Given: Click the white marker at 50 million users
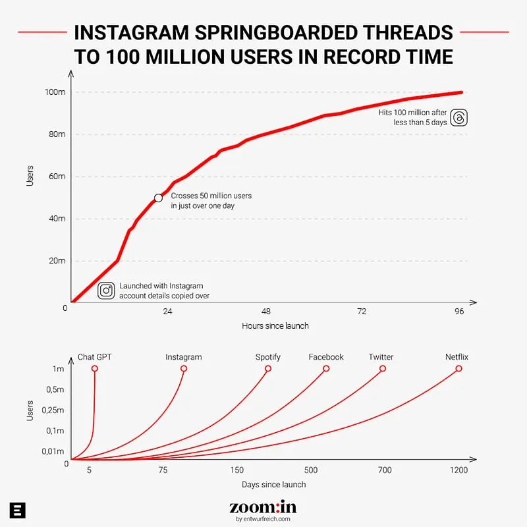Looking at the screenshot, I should coord(158,198).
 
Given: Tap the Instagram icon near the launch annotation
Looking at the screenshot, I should coord(106,291).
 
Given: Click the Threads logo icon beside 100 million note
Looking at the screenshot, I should coord(460,117).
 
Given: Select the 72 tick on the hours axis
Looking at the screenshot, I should coord(361,311).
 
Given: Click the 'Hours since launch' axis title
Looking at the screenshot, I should coord(275,325).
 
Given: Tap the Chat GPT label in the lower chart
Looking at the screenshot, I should coord(95,357).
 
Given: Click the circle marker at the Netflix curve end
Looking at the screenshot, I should coord(458,368).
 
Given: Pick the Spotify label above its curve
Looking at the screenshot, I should coord(268,357).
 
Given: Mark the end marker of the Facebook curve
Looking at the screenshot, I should coord(326,368).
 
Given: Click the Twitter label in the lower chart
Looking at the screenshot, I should coord(381,357).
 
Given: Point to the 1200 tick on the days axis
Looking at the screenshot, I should coord(458,470).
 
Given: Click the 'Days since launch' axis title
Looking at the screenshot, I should coord(273,484).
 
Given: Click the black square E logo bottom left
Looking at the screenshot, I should coord(18,510).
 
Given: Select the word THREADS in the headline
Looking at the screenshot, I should coord(391,33).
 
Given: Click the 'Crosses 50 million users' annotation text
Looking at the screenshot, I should coord(211,196).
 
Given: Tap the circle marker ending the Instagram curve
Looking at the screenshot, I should coord(184,368).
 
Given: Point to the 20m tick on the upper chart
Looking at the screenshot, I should coord(57,261).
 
